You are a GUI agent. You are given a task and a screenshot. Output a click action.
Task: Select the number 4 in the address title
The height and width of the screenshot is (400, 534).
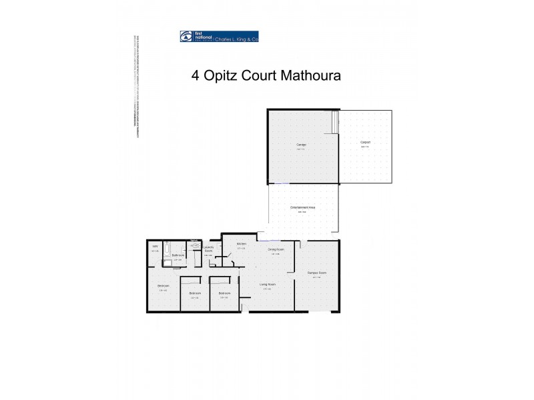pyautogui.click(x=195, y=75)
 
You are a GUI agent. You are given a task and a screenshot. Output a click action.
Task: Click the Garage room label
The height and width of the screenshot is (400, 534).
pyautogui.click(x=300, y=145)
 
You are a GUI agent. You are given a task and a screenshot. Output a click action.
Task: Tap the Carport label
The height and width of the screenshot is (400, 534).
pyautogui.click(x=365, y=143)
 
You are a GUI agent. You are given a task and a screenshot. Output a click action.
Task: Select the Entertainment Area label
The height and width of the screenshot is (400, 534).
pyautogui.click(x=302, y=208)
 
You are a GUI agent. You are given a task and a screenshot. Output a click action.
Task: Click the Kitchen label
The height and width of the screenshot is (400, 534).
pyautogui.click(x=241, y=244)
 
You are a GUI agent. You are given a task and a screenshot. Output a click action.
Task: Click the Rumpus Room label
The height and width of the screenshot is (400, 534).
pyautogui.click(x=316, y=273)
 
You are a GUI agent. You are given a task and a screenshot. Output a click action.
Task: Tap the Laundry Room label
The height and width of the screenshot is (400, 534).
pyautogui.click(x=208, y=250)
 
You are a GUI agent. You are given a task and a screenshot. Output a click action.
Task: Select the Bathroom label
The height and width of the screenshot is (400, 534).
pyautogui.click(x=178, y=255)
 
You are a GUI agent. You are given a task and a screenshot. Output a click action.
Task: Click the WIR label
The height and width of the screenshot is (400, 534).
pyautogui.click(x=155, y=247)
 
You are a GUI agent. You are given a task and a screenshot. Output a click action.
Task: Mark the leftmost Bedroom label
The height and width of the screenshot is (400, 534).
pyautogui.click(x=164, y=287)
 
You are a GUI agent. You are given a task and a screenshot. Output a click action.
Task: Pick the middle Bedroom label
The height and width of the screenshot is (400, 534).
pyautogui.click(x=195, y=293)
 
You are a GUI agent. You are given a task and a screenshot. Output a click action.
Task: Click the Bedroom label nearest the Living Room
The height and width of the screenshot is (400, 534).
pyautogui.click(x=224, y=293)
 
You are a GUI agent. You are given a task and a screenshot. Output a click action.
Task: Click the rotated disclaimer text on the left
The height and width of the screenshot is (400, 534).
pyautogui.click(x=135, y=87)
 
